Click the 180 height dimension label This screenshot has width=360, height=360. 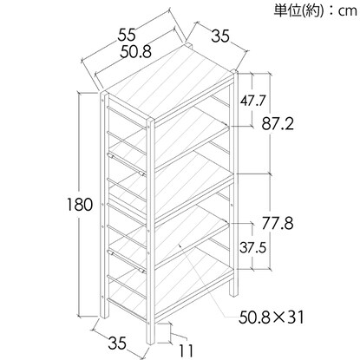[80, 205]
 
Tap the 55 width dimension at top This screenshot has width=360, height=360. [127, 36]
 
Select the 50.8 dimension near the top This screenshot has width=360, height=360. [136, 52]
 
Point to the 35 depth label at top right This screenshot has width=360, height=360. [220, 36]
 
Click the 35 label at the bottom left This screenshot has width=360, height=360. [117, 343]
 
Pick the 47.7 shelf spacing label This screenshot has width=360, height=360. [252, 101]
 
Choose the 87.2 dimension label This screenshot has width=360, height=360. [278, 124]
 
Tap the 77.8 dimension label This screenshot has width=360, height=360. [278, 223]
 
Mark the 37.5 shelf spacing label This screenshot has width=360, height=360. [252, 247]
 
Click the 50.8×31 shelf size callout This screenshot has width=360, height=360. [272, 317]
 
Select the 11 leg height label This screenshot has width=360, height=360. [186, 351]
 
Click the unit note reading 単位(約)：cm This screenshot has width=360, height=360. [315, 11]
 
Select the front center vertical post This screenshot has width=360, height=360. [150, 232]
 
